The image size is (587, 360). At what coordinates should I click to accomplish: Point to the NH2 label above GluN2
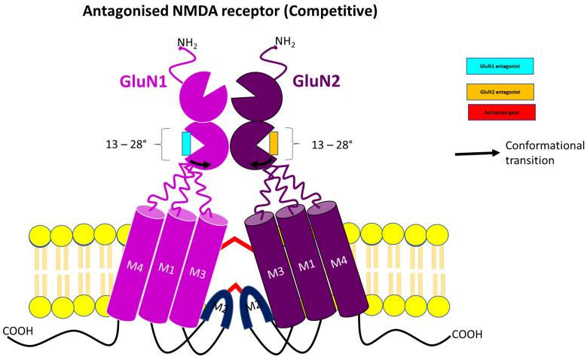tap(285, 41)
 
